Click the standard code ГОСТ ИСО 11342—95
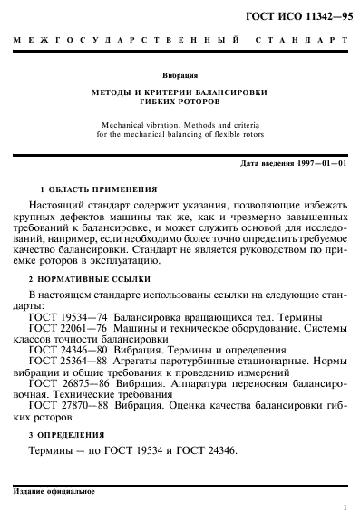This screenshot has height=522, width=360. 306,15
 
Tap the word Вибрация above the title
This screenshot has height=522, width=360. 180,75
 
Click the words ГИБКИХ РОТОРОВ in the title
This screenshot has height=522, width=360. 180,103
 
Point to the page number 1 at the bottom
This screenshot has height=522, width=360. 345,509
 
